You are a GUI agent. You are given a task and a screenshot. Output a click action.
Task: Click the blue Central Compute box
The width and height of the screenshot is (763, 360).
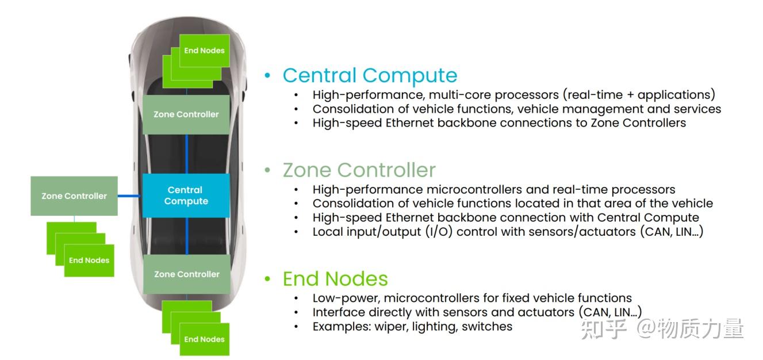pyautogui.click(x=186, y=196)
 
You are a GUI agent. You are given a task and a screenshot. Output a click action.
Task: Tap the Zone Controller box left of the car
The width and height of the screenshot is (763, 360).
pyautogui.click(x=74, y=196)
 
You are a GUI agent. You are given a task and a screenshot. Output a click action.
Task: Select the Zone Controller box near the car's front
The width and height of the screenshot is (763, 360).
pyautogui.click(x=186, y=114)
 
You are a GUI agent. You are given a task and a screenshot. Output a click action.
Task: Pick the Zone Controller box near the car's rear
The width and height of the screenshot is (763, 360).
pyautogui.click(x=186, y=274)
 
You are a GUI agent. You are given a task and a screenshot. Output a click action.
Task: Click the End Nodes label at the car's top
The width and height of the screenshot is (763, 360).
pyautogui.click(x=204, y=51)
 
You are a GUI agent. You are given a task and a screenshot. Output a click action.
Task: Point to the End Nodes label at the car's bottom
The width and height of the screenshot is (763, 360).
pyautogui.click(x=204, y=339)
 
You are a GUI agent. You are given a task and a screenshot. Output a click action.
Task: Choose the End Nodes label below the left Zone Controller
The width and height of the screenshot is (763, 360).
pyautogui.click(x=89, y=261)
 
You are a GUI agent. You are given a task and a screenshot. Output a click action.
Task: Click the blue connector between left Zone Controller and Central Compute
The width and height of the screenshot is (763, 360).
pyautogui.click(x=130, y=196)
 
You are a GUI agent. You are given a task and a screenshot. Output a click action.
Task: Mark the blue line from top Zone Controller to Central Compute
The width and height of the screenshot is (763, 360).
pyautogui.click(x=187, y=154)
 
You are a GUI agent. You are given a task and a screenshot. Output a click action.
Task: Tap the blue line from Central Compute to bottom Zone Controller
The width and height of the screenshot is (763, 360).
pyautogui.click(x=187, y=236)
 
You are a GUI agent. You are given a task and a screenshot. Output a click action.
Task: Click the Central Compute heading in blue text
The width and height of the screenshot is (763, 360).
pyautogui.click(x=370, y=75)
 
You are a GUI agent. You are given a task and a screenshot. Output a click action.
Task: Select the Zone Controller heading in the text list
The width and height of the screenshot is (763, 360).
pyautogui.click(x=359, y=170)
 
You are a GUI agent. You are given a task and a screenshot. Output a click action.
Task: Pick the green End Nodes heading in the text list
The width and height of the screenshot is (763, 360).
pyautogui.click(x=335, y=279)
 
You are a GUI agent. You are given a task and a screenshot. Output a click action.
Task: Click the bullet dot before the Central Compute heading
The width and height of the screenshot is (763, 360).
pyautogui.click(x=267, y=75)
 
